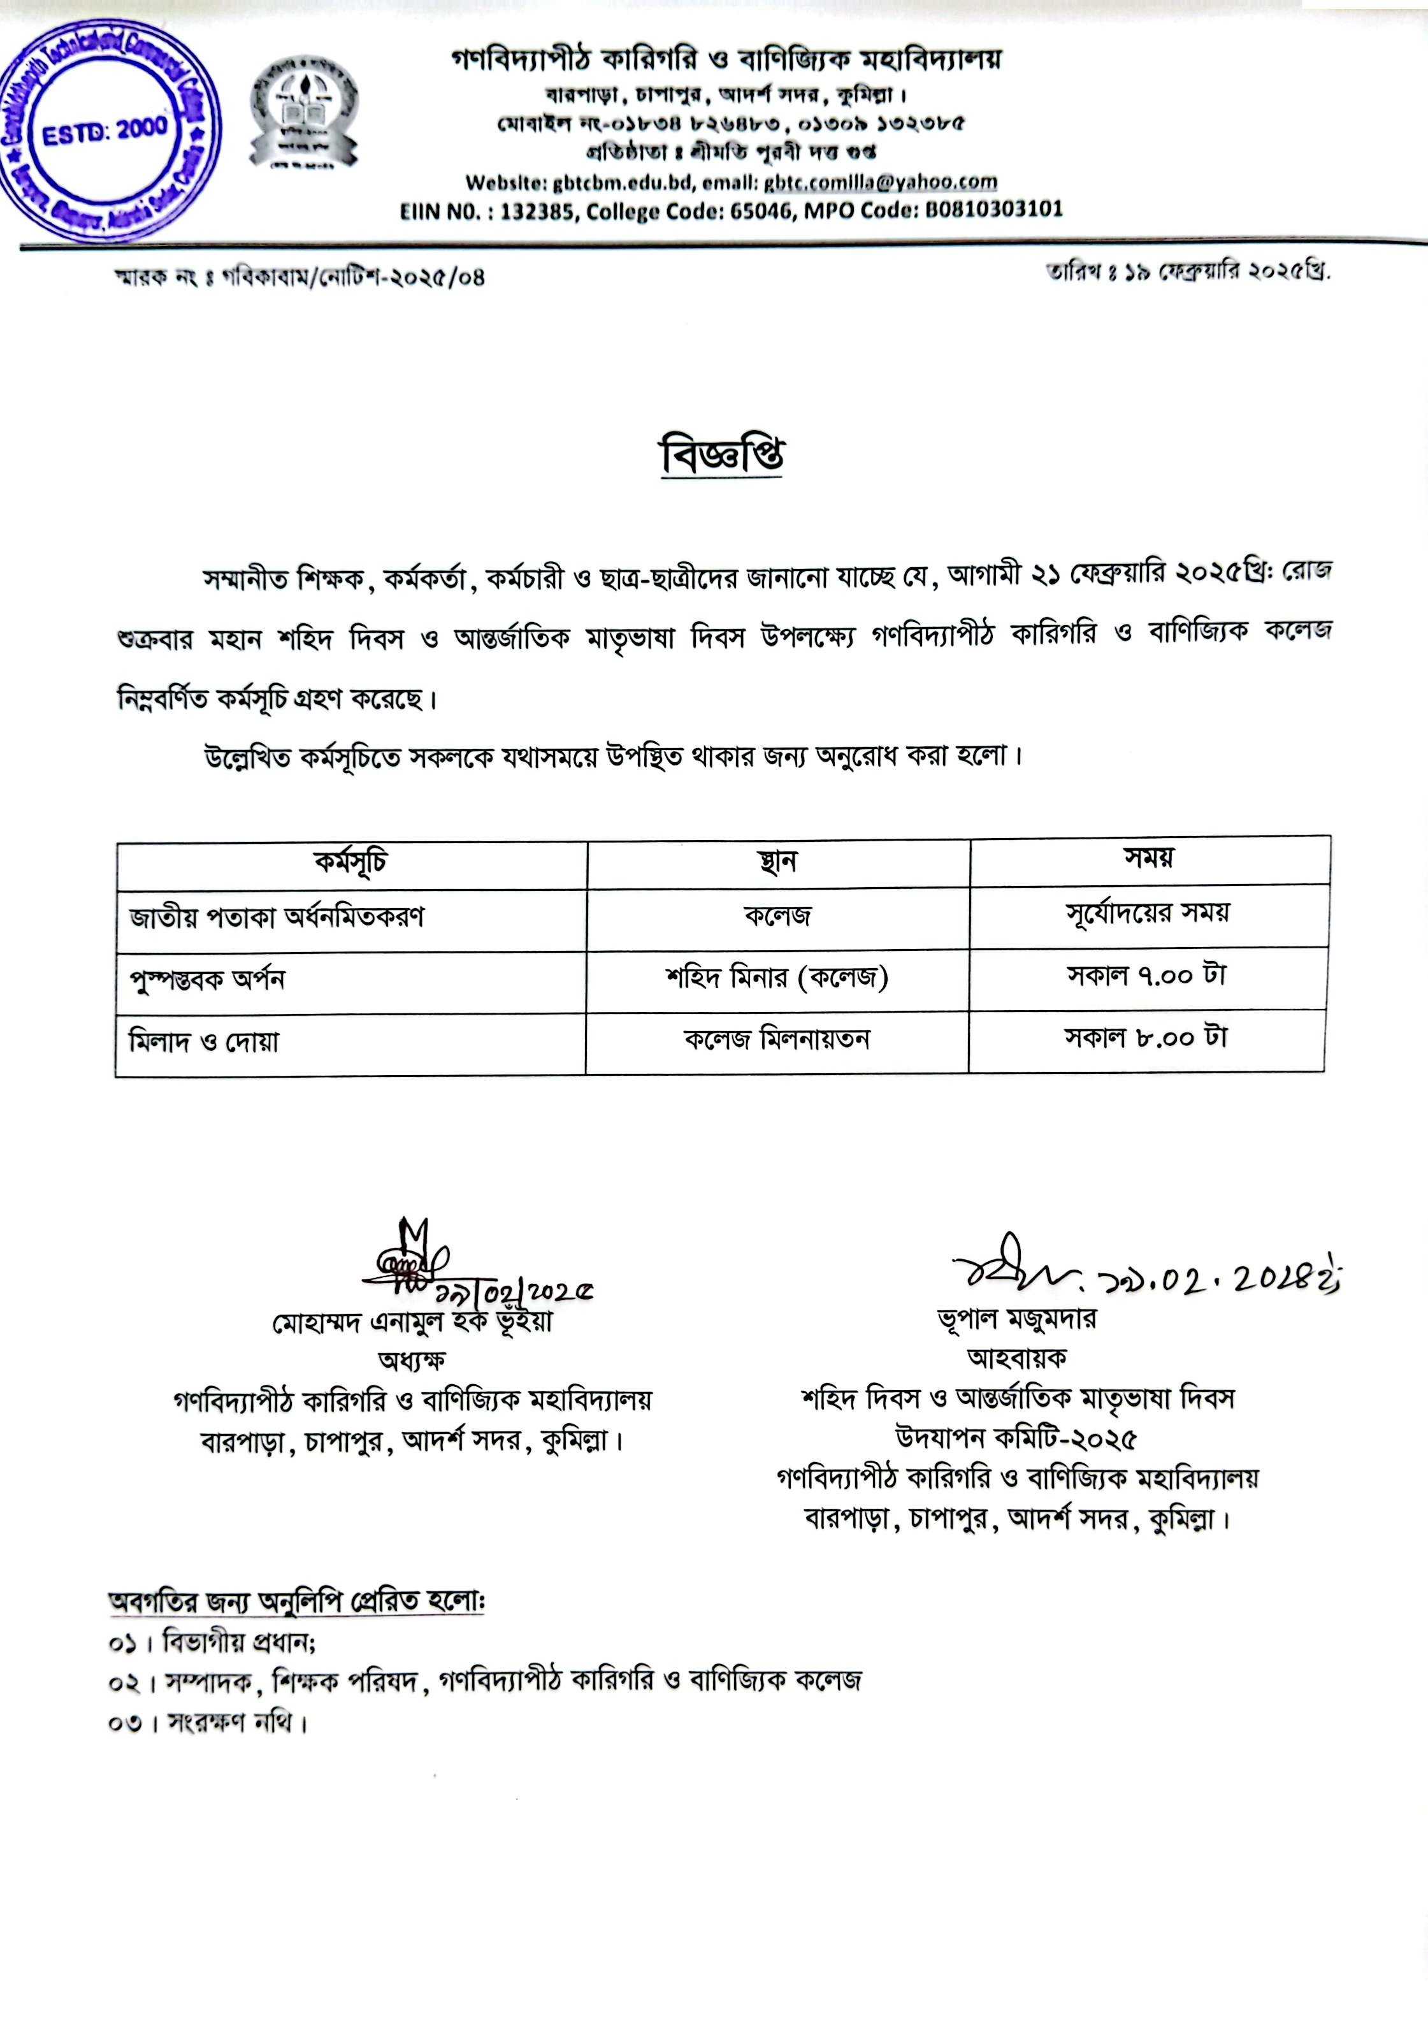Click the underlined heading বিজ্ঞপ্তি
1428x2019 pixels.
click(x=722, y=456)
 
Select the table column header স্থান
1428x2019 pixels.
click(x=777, y=861)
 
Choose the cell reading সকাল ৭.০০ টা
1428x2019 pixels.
click(x=1146, y=976)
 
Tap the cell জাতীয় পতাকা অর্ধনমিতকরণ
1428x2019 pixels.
click(x=277, y=918)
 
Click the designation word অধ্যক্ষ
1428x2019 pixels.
click(x=412, y=1361)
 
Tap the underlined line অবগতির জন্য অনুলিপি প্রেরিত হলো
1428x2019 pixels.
click(x=296, y=1603)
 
